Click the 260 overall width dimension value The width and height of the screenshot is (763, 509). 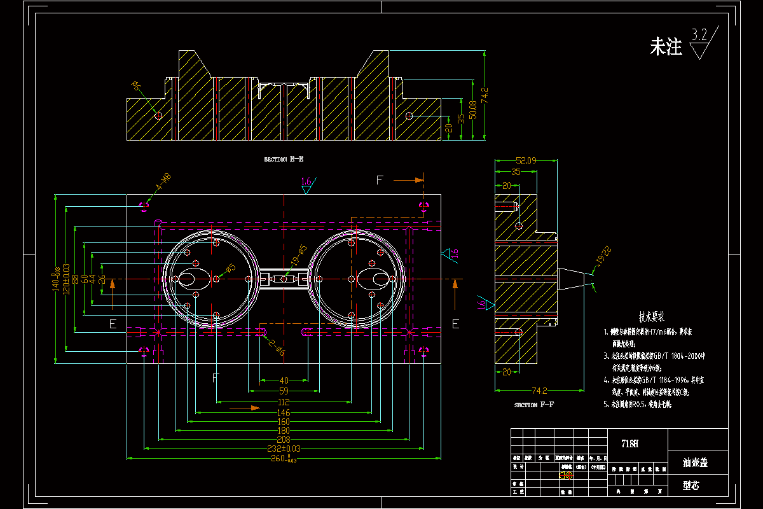tap(280, 458)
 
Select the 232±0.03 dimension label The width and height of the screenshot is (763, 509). tap(283, 449)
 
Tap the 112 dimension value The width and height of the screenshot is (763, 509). tap(284, 402)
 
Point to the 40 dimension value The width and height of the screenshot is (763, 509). tap(284, 381)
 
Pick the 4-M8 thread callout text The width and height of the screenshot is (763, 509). tap(163, 183)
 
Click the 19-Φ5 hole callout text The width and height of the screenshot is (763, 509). tap(299, 256)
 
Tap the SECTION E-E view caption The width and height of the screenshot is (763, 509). tap(284, 160)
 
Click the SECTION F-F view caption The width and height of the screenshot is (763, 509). tap(534, 405)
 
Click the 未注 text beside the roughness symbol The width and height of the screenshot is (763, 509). tap(665, 46)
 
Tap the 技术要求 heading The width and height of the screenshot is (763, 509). tap(651, 316)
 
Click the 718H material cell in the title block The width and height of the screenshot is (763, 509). tap(629, 443)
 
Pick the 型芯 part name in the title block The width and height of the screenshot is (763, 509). tap(691, 485)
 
